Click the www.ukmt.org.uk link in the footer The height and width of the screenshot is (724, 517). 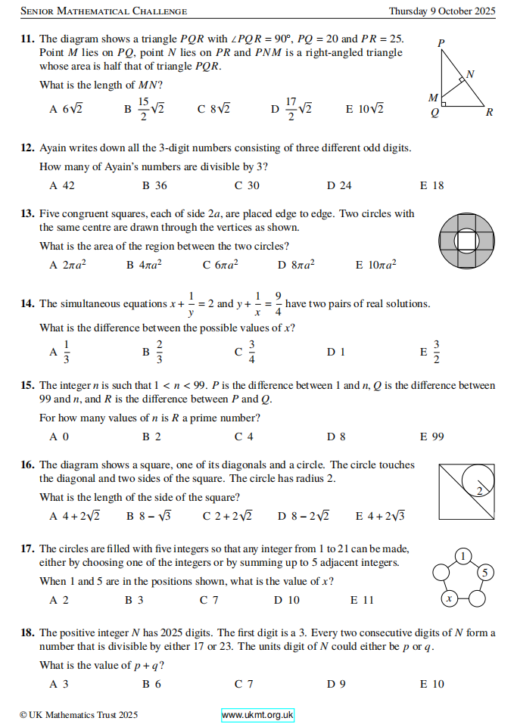257,715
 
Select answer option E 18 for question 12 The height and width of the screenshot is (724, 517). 431,185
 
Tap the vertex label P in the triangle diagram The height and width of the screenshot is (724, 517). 441,42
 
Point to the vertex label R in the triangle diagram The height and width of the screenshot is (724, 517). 490,113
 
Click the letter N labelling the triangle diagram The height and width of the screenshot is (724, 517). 470,73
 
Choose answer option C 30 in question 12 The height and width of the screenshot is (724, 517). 247,185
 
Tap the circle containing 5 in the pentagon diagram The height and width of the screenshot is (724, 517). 486,571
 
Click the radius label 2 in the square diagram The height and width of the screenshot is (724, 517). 479,491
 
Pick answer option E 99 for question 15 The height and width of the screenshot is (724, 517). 431,437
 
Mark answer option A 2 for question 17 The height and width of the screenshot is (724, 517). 59,600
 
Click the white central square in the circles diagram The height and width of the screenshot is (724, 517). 466,241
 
